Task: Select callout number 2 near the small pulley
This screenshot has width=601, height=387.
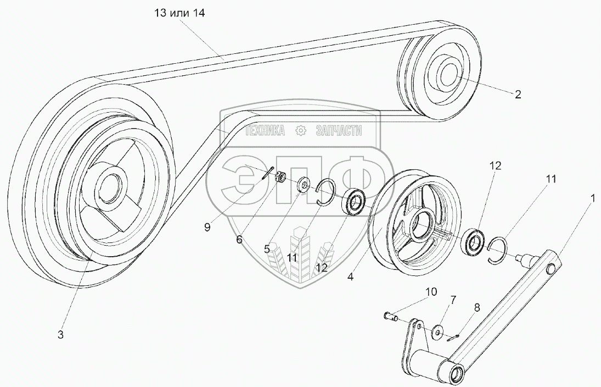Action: click(518, 94)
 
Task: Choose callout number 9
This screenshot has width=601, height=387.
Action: click(207, 226)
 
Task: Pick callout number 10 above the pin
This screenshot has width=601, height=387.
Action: click(431, 291)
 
